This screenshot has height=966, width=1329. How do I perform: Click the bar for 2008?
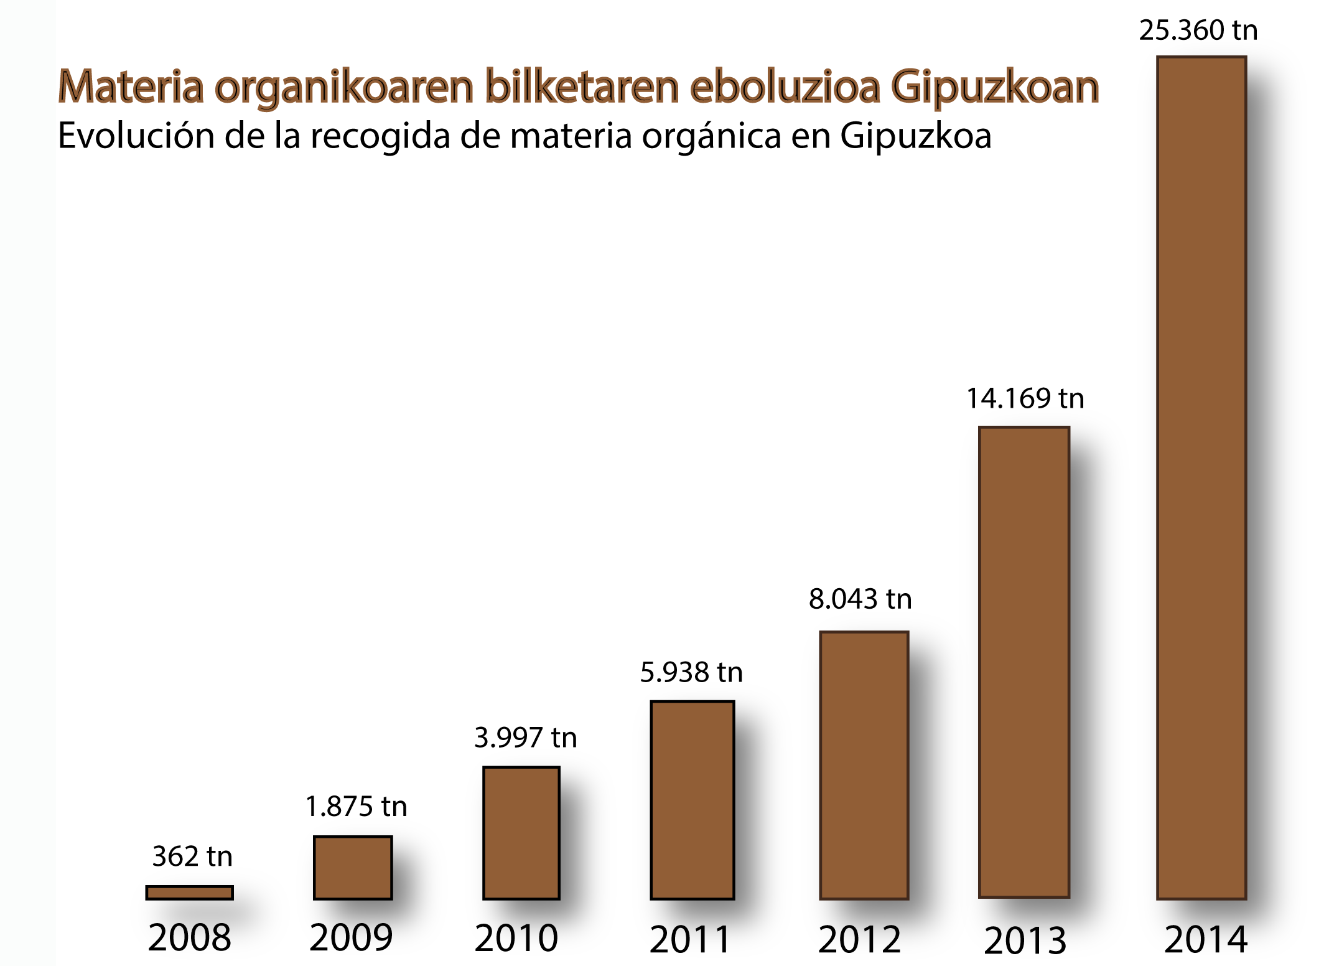190,893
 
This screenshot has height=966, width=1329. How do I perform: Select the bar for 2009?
353,868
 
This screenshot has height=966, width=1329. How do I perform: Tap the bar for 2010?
521,833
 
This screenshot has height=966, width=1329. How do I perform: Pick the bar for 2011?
692,800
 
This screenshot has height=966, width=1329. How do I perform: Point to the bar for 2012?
864,765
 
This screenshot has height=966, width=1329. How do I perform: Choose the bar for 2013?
1024,662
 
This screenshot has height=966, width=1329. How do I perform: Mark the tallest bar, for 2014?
1201,477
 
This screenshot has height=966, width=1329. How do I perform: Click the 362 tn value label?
192,856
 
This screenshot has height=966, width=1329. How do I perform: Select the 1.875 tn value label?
357,806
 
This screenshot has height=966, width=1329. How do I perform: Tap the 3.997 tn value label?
526,738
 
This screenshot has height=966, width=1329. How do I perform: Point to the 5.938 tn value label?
692,672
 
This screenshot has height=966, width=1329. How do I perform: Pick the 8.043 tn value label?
860,599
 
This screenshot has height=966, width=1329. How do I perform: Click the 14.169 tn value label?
1025,398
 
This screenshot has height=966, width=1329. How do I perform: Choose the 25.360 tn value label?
1198,30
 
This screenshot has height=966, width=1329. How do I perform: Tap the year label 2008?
190,937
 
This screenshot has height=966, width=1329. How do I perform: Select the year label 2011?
690,939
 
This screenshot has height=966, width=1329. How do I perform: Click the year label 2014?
1206,939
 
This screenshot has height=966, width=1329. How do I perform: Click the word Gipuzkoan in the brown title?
995,87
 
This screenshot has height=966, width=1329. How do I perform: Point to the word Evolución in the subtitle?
136,135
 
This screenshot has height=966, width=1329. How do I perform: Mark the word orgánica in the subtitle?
711,136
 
